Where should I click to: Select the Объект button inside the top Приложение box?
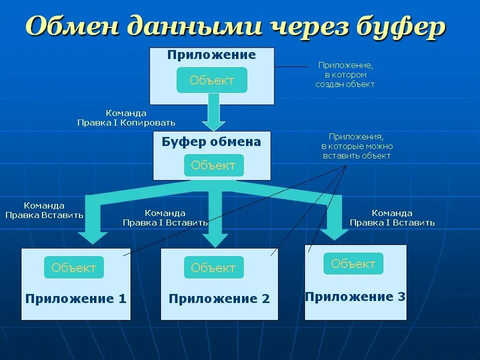(x=212, y=80)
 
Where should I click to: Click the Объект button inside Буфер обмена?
(x=213, y=165)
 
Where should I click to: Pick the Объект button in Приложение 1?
(x=74, y=267)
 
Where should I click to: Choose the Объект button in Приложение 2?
(x=213, y=267)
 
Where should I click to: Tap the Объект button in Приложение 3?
(x=353, y=263)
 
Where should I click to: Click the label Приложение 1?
(x=76, y=299)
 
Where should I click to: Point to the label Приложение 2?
(x=219, y=299)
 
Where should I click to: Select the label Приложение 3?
(x=355, y=296)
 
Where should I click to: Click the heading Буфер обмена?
(x=211, y=142)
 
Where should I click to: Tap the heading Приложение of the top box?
(x=211, y=55)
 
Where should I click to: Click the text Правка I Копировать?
(x=126, y=122)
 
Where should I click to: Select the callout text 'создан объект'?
(x=345, y=84)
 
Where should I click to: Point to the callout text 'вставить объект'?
(x=356, y=156)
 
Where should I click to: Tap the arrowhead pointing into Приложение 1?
(x=92, y=236)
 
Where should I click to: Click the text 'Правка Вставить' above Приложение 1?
(x=44, y=215)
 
